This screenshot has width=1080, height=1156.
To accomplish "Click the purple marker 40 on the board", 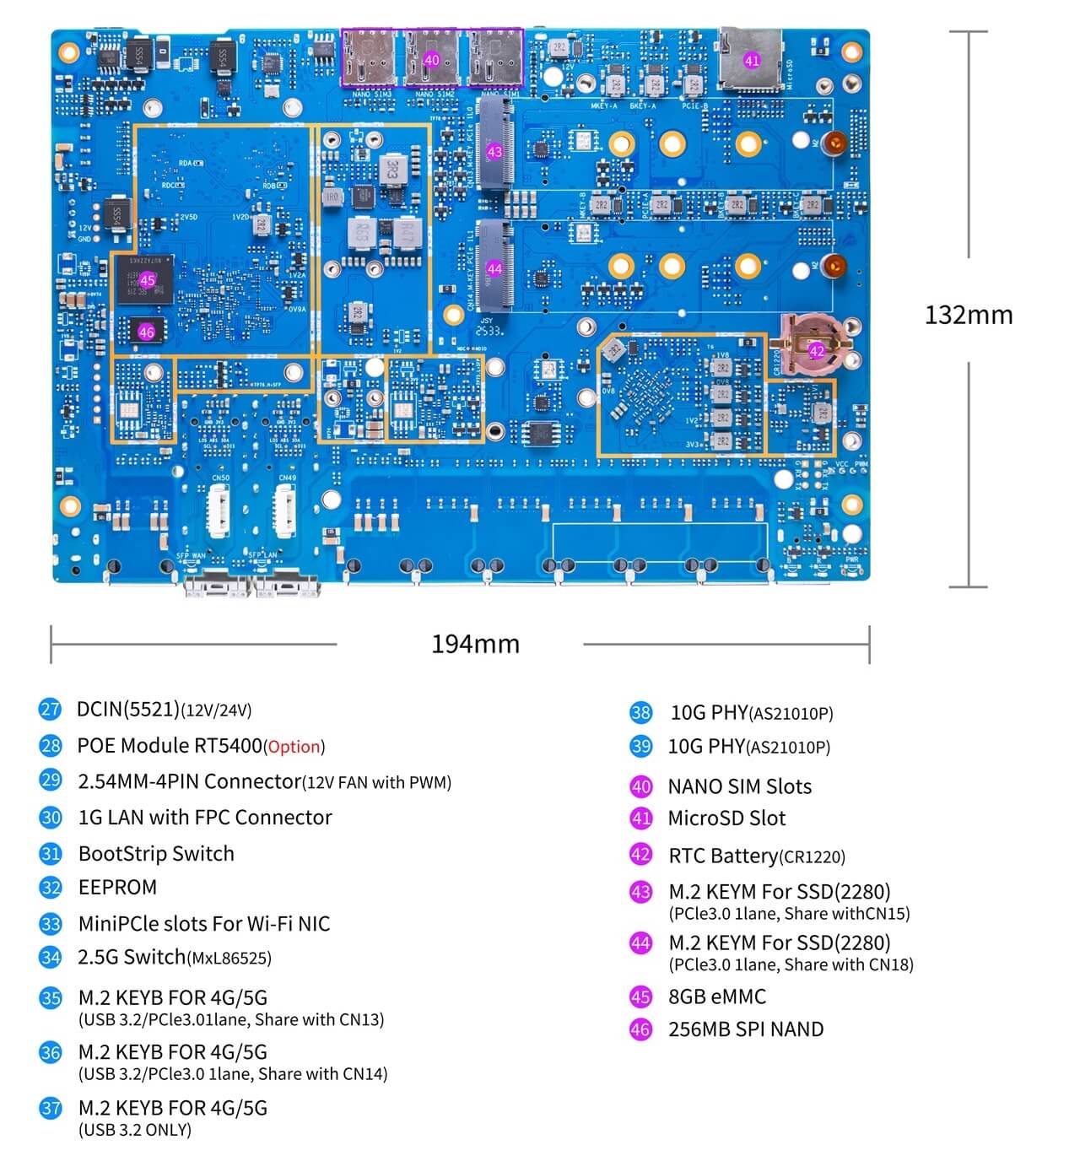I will point(431,60).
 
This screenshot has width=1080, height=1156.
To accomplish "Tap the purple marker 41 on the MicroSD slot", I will point(751,60).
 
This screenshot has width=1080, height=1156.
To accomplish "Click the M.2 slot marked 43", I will point(494,152).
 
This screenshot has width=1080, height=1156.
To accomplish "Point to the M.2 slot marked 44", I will point(494,268).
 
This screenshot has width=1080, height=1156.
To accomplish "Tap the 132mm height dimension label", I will point(968,315).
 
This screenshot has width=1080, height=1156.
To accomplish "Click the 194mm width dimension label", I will point(475,644).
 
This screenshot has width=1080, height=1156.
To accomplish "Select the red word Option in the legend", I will point(294,748).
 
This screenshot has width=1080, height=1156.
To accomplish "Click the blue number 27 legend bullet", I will point(51,709).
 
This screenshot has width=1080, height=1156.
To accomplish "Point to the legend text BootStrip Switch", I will point(156,853).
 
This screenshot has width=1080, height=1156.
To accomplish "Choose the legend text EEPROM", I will point(117,888).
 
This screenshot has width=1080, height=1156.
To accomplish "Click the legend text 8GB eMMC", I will point(717,997).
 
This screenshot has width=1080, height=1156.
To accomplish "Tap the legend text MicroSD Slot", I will point(726,818).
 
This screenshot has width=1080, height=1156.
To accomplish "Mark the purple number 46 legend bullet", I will point(640,1029).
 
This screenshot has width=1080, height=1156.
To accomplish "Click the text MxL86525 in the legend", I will point(229,959).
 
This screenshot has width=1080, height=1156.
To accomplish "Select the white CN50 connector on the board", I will point(219,512).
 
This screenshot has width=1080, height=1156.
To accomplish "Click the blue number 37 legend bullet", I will point(51,1108).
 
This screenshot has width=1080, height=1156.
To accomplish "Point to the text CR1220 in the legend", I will point(812,857).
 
